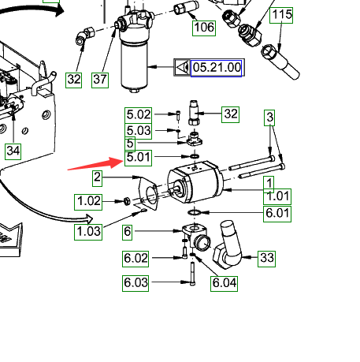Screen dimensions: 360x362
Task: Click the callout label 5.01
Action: [x=138, y=158]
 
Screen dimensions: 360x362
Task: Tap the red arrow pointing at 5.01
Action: [x=95, y=164]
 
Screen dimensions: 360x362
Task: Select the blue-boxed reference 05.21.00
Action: [x=216, y=68]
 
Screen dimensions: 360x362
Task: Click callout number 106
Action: [x=204, y=28]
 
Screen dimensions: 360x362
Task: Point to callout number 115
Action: [x=281, y=15]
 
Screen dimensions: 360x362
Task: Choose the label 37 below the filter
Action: [x=100, y=80]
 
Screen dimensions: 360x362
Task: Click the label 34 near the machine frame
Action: [x=13, y=151]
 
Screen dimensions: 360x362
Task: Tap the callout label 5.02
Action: [x=139, y=115]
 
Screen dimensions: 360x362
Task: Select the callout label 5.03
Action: [x=139, y=131]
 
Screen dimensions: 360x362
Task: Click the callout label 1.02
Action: [x=88, y=202]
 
